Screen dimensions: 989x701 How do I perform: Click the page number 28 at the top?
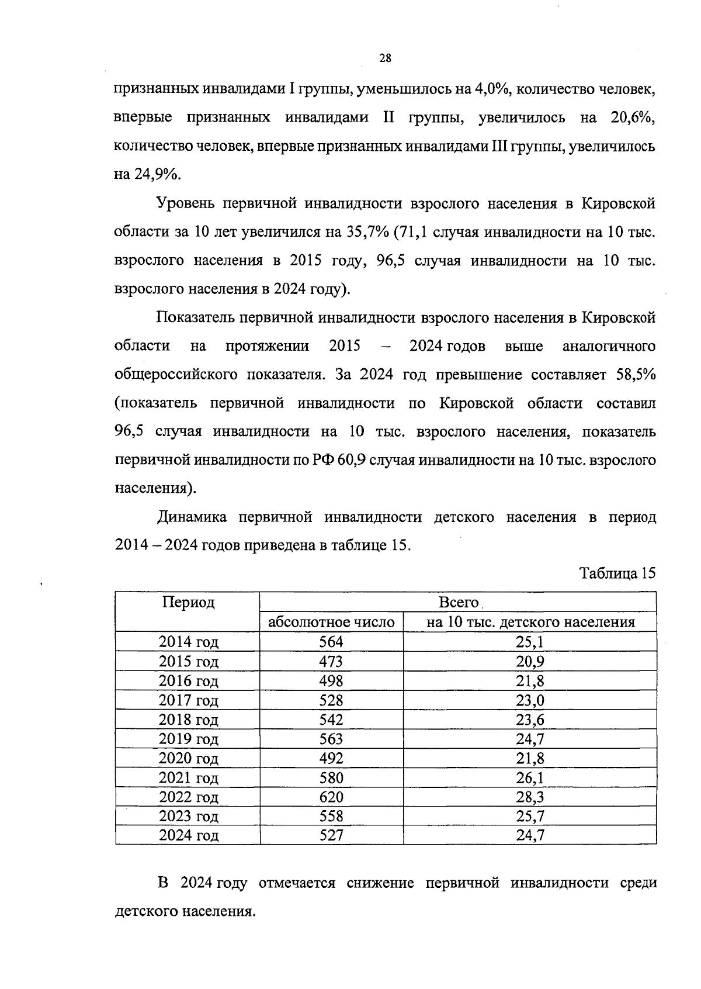[386, 58]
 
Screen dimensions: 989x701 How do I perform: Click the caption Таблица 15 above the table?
[617, 573]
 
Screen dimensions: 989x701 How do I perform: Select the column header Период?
[188, 602]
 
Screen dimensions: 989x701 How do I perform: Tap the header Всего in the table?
[458, 602]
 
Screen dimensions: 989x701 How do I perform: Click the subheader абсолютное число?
[331, 622]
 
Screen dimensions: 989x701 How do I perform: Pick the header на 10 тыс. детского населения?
[530, 622]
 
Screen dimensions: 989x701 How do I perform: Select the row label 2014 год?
[188, 642]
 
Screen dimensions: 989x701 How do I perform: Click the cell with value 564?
[331, 642]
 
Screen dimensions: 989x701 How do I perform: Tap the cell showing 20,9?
[530, 661]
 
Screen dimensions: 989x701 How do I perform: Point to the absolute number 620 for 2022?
[331, 797]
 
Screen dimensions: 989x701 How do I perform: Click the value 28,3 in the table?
[530, 797]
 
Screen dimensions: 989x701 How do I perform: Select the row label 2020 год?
[188, 758]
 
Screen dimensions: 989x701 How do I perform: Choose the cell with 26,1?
[530, 777]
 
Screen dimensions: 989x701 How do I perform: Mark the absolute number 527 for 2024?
[331, 835]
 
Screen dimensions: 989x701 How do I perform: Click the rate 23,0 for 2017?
[530, 700]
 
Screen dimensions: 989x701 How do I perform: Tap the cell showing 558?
[331, 816]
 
